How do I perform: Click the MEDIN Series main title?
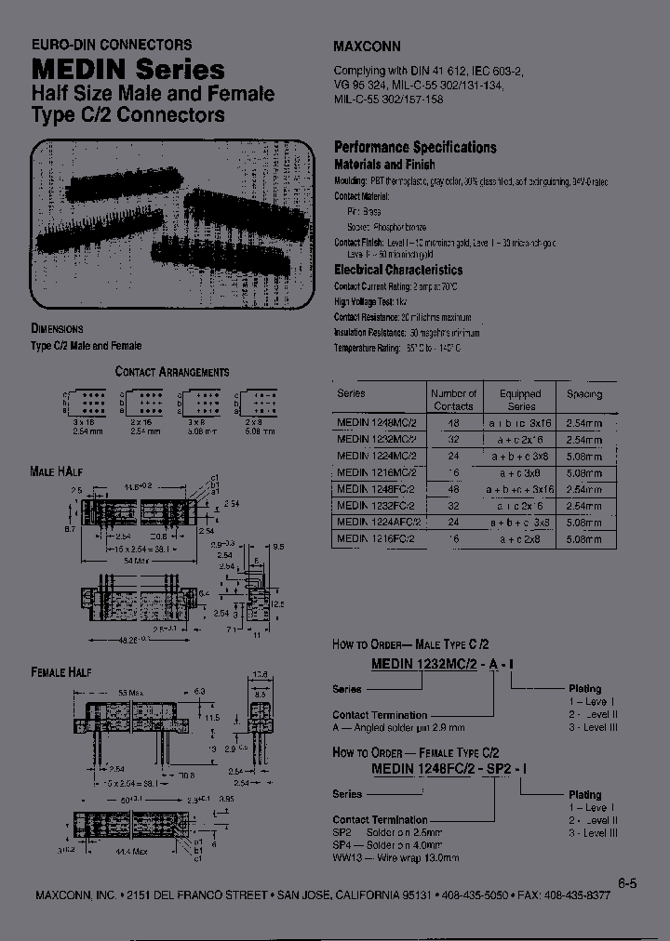click(128, 69)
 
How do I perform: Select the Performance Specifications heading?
click(415, 147)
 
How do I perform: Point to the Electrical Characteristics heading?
click(398, 270)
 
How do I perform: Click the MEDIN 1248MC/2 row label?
click(376, 421)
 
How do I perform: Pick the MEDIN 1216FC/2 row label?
click(376, 538)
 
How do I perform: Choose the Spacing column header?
click(584, 394)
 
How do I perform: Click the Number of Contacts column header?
click(454, 400)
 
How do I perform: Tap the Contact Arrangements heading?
click(172, 371)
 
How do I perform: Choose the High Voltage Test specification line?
click(371, 302)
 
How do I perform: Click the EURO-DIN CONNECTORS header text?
click(112, 44)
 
